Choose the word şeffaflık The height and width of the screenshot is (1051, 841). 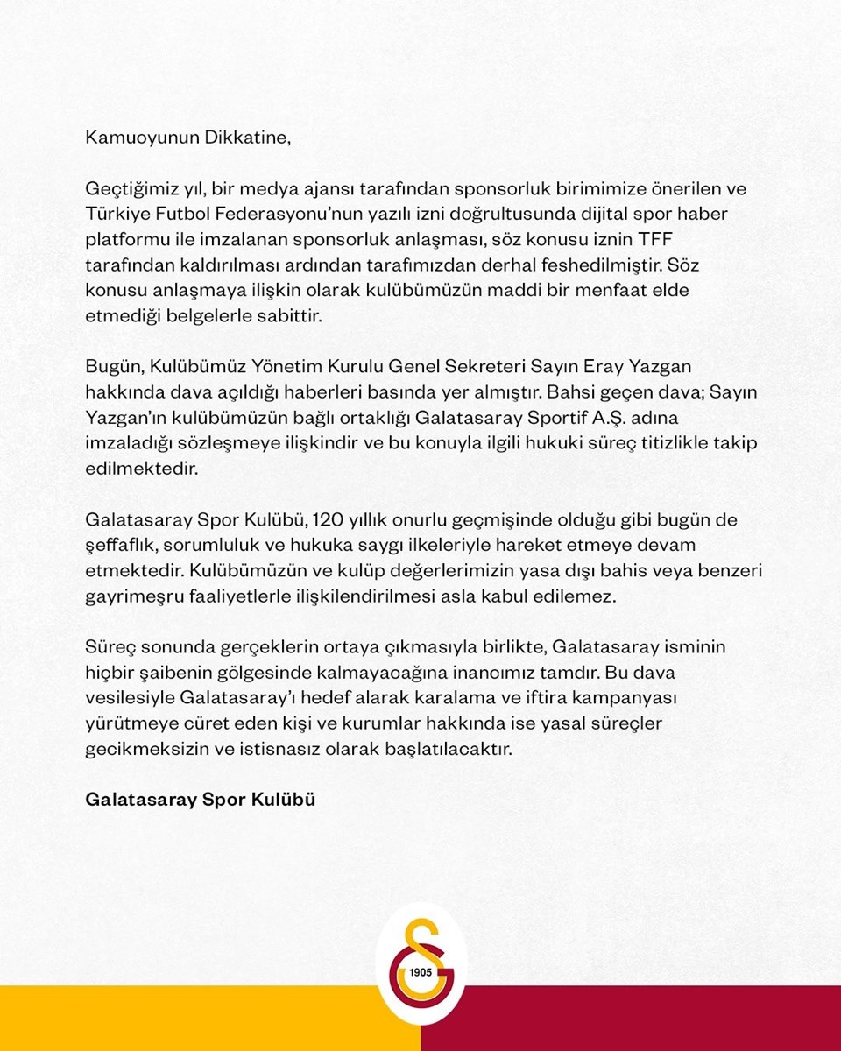119,545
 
